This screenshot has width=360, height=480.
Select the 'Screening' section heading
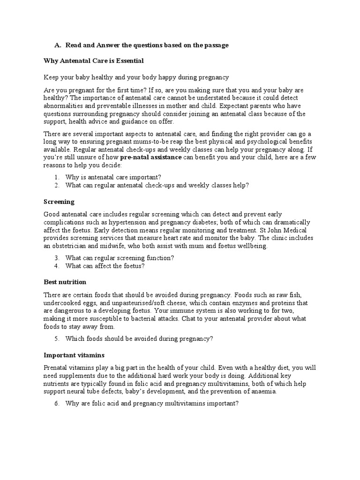tap(59, 202)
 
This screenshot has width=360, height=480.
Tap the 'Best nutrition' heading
tap(65, 282)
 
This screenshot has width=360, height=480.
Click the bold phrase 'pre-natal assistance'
tap(150, 157)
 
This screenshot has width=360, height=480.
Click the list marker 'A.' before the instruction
tap(58, 45)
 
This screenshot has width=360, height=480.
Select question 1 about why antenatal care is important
tap(113, 177)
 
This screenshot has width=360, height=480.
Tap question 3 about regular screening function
tap(120, 258)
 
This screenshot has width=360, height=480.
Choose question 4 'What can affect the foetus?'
tap(105, 266)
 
